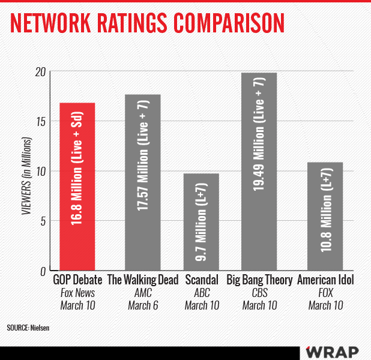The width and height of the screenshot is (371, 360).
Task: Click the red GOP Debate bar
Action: tap(77, 187)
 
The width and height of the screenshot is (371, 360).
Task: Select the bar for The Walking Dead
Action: tap(142, 182)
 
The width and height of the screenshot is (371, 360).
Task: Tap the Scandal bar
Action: tap(201, 222)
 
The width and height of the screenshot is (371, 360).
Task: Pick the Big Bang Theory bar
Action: tap(259, 172)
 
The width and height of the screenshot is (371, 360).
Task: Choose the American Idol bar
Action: tap(325, 216)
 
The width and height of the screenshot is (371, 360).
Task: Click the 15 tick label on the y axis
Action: tap(41, 122)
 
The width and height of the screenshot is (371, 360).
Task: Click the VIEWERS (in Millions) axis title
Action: tap(26, 172)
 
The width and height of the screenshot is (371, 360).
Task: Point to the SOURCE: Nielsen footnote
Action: tap(28, 328)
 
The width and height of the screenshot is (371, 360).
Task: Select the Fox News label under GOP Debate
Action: tap(77, 293)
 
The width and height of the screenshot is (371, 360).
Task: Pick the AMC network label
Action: tap(142, 293)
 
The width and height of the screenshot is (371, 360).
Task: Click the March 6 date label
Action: tap(142, 305)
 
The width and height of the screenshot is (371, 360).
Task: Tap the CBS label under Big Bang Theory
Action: tap(259, 293)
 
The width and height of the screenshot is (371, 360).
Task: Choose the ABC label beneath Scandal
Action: tap(201, 293)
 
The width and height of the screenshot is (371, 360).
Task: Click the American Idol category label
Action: tap(325, 280)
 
